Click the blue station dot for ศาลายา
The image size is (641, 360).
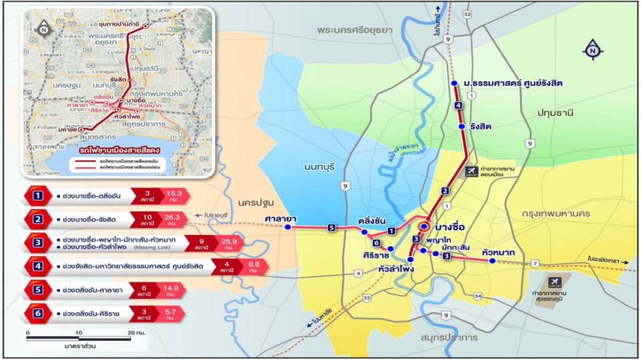tap(288, 228)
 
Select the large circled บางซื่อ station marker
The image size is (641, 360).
tap(424, 226)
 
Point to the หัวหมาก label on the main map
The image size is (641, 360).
tap(499, 252)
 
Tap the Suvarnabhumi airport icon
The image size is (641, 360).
tap(555, 282)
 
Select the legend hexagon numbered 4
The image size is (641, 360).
tap(39, 266)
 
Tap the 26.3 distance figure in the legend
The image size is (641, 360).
tap(172, 218)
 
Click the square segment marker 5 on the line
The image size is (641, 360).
tap(331, 228)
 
